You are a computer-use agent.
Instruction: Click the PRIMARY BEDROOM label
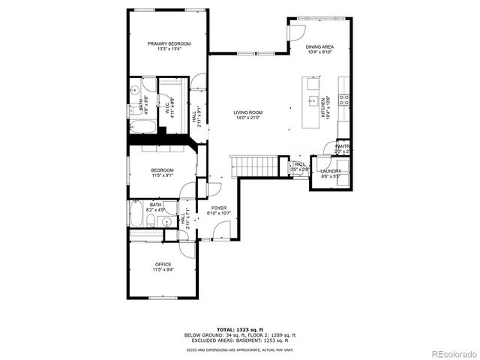tap(169, 44)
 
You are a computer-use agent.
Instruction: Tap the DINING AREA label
tap(319, 47)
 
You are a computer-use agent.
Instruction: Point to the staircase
tap(254, 164)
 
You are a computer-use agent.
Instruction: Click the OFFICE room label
tap(163, 264)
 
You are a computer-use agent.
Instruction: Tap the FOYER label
tap(218, 208)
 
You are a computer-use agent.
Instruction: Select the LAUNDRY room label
tap(331, 171)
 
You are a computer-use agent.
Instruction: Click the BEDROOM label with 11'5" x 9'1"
tap(163, 170)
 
